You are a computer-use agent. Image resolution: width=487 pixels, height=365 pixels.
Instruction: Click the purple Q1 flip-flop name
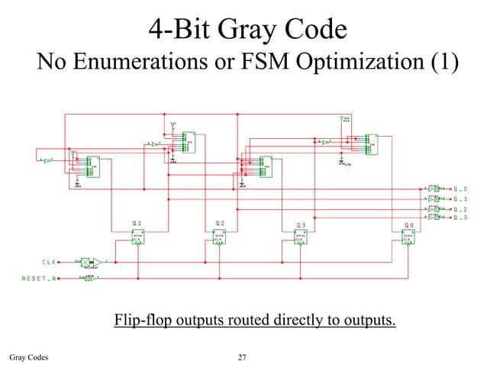click(137, 224)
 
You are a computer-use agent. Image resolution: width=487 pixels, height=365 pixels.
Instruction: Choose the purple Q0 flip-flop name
click(410, 224)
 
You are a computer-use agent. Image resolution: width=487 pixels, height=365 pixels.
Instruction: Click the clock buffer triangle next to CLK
click(98, 262)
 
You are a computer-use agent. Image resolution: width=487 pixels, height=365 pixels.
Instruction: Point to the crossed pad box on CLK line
click(85, 262)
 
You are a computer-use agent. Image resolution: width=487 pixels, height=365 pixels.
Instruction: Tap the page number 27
click(243, 356)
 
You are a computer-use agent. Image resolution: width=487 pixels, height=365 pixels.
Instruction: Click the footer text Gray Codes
click(29, 356)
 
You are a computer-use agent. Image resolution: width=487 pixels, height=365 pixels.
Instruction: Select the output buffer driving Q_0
click(436, 189)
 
